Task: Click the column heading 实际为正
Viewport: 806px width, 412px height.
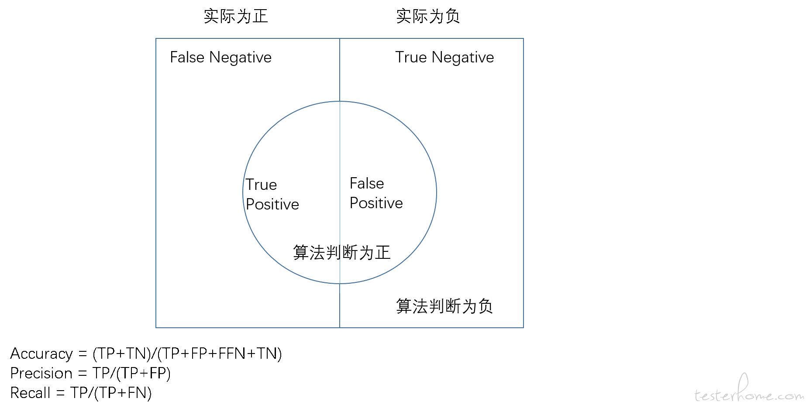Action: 236,17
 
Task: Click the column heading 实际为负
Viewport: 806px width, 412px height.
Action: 428,17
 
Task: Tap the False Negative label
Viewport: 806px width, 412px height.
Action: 221,58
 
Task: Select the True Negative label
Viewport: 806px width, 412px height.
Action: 444,58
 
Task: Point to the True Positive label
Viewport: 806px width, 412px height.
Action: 272,195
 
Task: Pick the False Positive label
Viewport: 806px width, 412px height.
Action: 376,193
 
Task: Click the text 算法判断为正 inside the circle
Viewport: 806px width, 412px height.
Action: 342,253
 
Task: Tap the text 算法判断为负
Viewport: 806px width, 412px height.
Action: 444,306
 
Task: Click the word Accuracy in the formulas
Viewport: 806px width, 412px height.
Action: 41,354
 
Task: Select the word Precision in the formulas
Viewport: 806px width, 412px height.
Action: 41,374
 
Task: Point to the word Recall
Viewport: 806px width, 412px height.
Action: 31,393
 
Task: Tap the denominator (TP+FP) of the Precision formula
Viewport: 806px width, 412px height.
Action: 143,374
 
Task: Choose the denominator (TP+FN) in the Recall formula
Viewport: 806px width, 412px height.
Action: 123,393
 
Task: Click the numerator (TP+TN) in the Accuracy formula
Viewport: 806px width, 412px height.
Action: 121,354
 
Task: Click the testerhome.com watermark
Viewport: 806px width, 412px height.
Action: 749,388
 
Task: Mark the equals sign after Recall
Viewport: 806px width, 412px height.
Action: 61,393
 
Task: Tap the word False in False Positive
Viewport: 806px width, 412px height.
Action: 367,183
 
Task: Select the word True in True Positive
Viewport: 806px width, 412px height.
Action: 261,185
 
